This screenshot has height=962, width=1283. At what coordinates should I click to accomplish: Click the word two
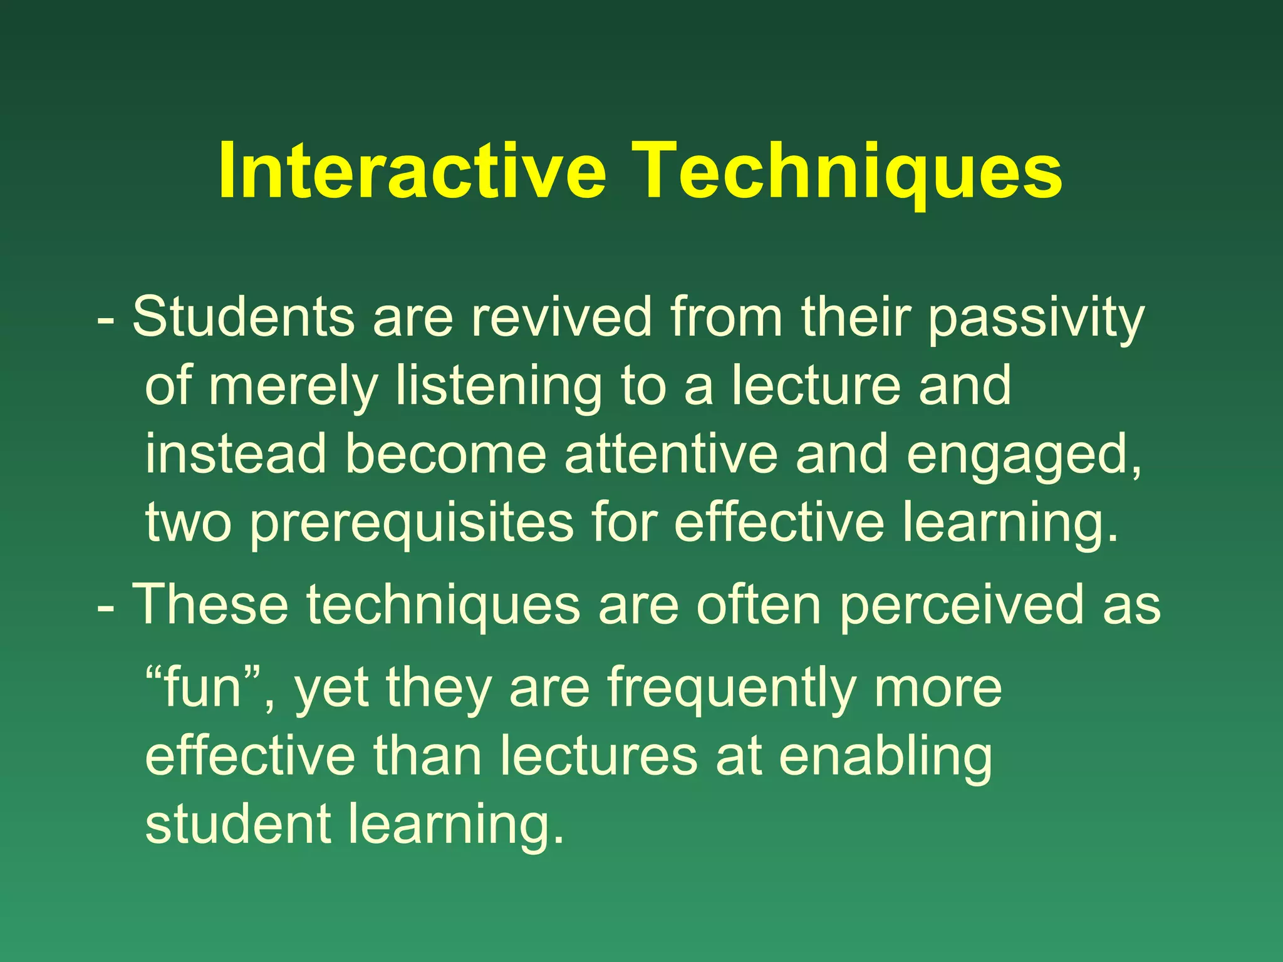point(188,523)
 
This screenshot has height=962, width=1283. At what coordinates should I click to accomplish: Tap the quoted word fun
point(202,687)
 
